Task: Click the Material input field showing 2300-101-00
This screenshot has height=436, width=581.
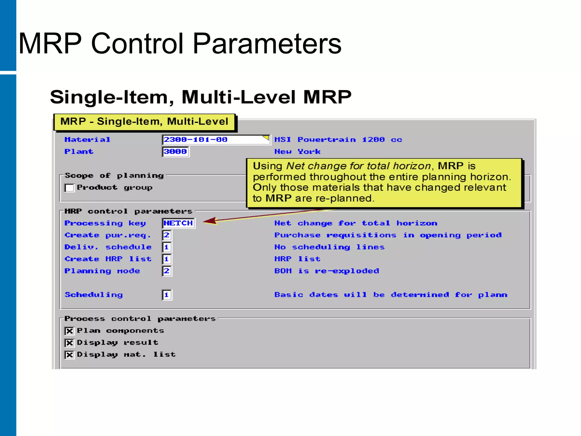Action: pyautogui.click(x=216, y=140)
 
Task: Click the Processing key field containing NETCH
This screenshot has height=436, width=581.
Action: pyautogui.click(x=178, y=223)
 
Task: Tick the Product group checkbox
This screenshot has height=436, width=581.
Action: pyautogui.click(x=70, y=188)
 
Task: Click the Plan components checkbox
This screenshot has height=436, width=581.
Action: pyautogui.click(x=70, y=331)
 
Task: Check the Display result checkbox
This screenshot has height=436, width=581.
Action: pyautogui.click(x=70, y=343)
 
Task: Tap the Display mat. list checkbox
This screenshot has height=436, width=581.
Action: pyautogui.click(x=70, y=355)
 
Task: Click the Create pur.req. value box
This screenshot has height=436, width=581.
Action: pyautogui.click(x=167, y=235)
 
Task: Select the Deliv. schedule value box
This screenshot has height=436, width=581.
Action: pyautogui.click(x=167, y=247)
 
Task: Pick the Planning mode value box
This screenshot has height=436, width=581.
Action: pyautogui.click(x=167, y=271)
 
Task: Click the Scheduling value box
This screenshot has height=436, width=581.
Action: pyautogui.click(x=167, y=295)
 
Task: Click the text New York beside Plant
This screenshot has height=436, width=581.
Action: pyautogui.click(x=297, y=152)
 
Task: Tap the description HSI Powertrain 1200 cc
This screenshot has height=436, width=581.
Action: pyautogui.click(x=338, y=140)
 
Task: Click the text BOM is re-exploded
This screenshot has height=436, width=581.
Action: pyautogui.click(x=327, y=271)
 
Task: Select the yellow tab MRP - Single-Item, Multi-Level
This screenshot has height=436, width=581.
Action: pyautogui.click(x=144, y=122)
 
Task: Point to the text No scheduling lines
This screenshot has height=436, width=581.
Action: pyautogui.click(x=329, y=247)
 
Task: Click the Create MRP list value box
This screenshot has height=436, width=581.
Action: pyautogui.click(x=167, y=259)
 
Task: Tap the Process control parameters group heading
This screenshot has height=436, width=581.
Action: pyautogui.click(x=140, y=319)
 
